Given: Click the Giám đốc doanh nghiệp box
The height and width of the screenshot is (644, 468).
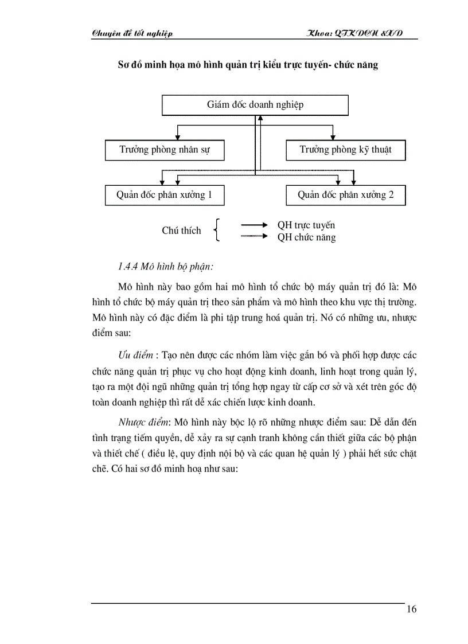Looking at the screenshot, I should pos(255,105).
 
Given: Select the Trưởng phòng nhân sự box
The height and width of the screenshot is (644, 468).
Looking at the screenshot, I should pos(165,150).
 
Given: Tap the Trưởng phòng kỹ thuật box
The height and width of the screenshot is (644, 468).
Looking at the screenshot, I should pos(346,150).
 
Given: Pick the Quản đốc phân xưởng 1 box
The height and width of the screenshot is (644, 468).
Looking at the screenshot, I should pos(165,195).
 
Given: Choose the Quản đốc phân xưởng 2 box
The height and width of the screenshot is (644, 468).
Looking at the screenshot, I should pos(346,195).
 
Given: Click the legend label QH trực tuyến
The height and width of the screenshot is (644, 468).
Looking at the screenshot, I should pos(306,225).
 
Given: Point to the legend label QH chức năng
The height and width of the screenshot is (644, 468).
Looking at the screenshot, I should pos(306,237).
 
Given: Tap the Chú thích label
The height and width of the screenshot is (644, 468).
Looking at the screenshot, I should pos(181,231).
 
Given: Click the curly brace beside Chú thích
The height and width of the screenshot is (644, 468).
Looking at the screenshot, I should pos(216,231).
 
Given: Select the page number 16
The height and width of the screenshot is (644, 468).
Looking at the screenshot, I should pos(411,609).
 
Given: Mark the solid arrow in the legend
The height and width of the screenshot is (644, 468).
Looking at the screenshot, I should pos(254,225).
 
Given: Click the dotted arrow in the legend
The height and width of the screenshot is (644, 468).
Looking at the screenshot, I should pos(254,236).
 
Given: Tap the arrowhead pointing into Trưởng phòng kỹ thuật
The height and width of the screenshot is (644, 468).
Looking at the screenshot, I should pos(333,138).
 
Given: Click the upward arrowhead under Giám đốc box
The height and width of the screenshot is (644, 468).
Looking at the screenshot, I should pos(260,118).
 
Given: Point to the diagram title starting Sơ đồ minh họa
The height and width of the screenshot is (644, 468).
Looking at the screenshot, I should pos(247,65).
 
